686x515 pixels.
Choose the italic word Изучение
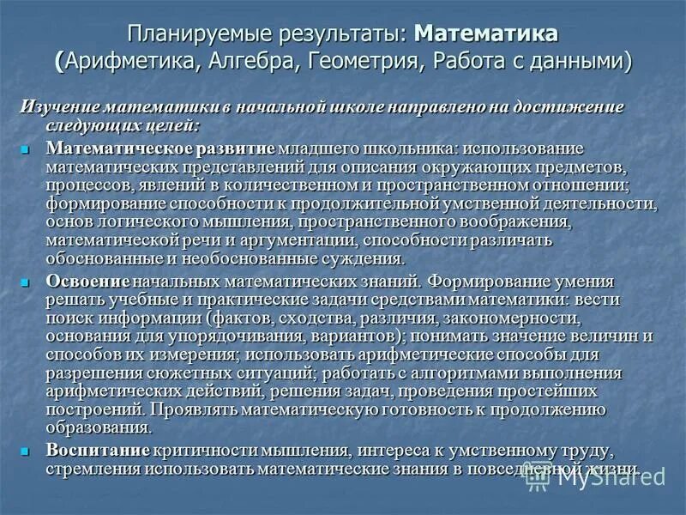tap(59, 106)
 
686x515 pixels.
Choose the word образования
tap(99, 427)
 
